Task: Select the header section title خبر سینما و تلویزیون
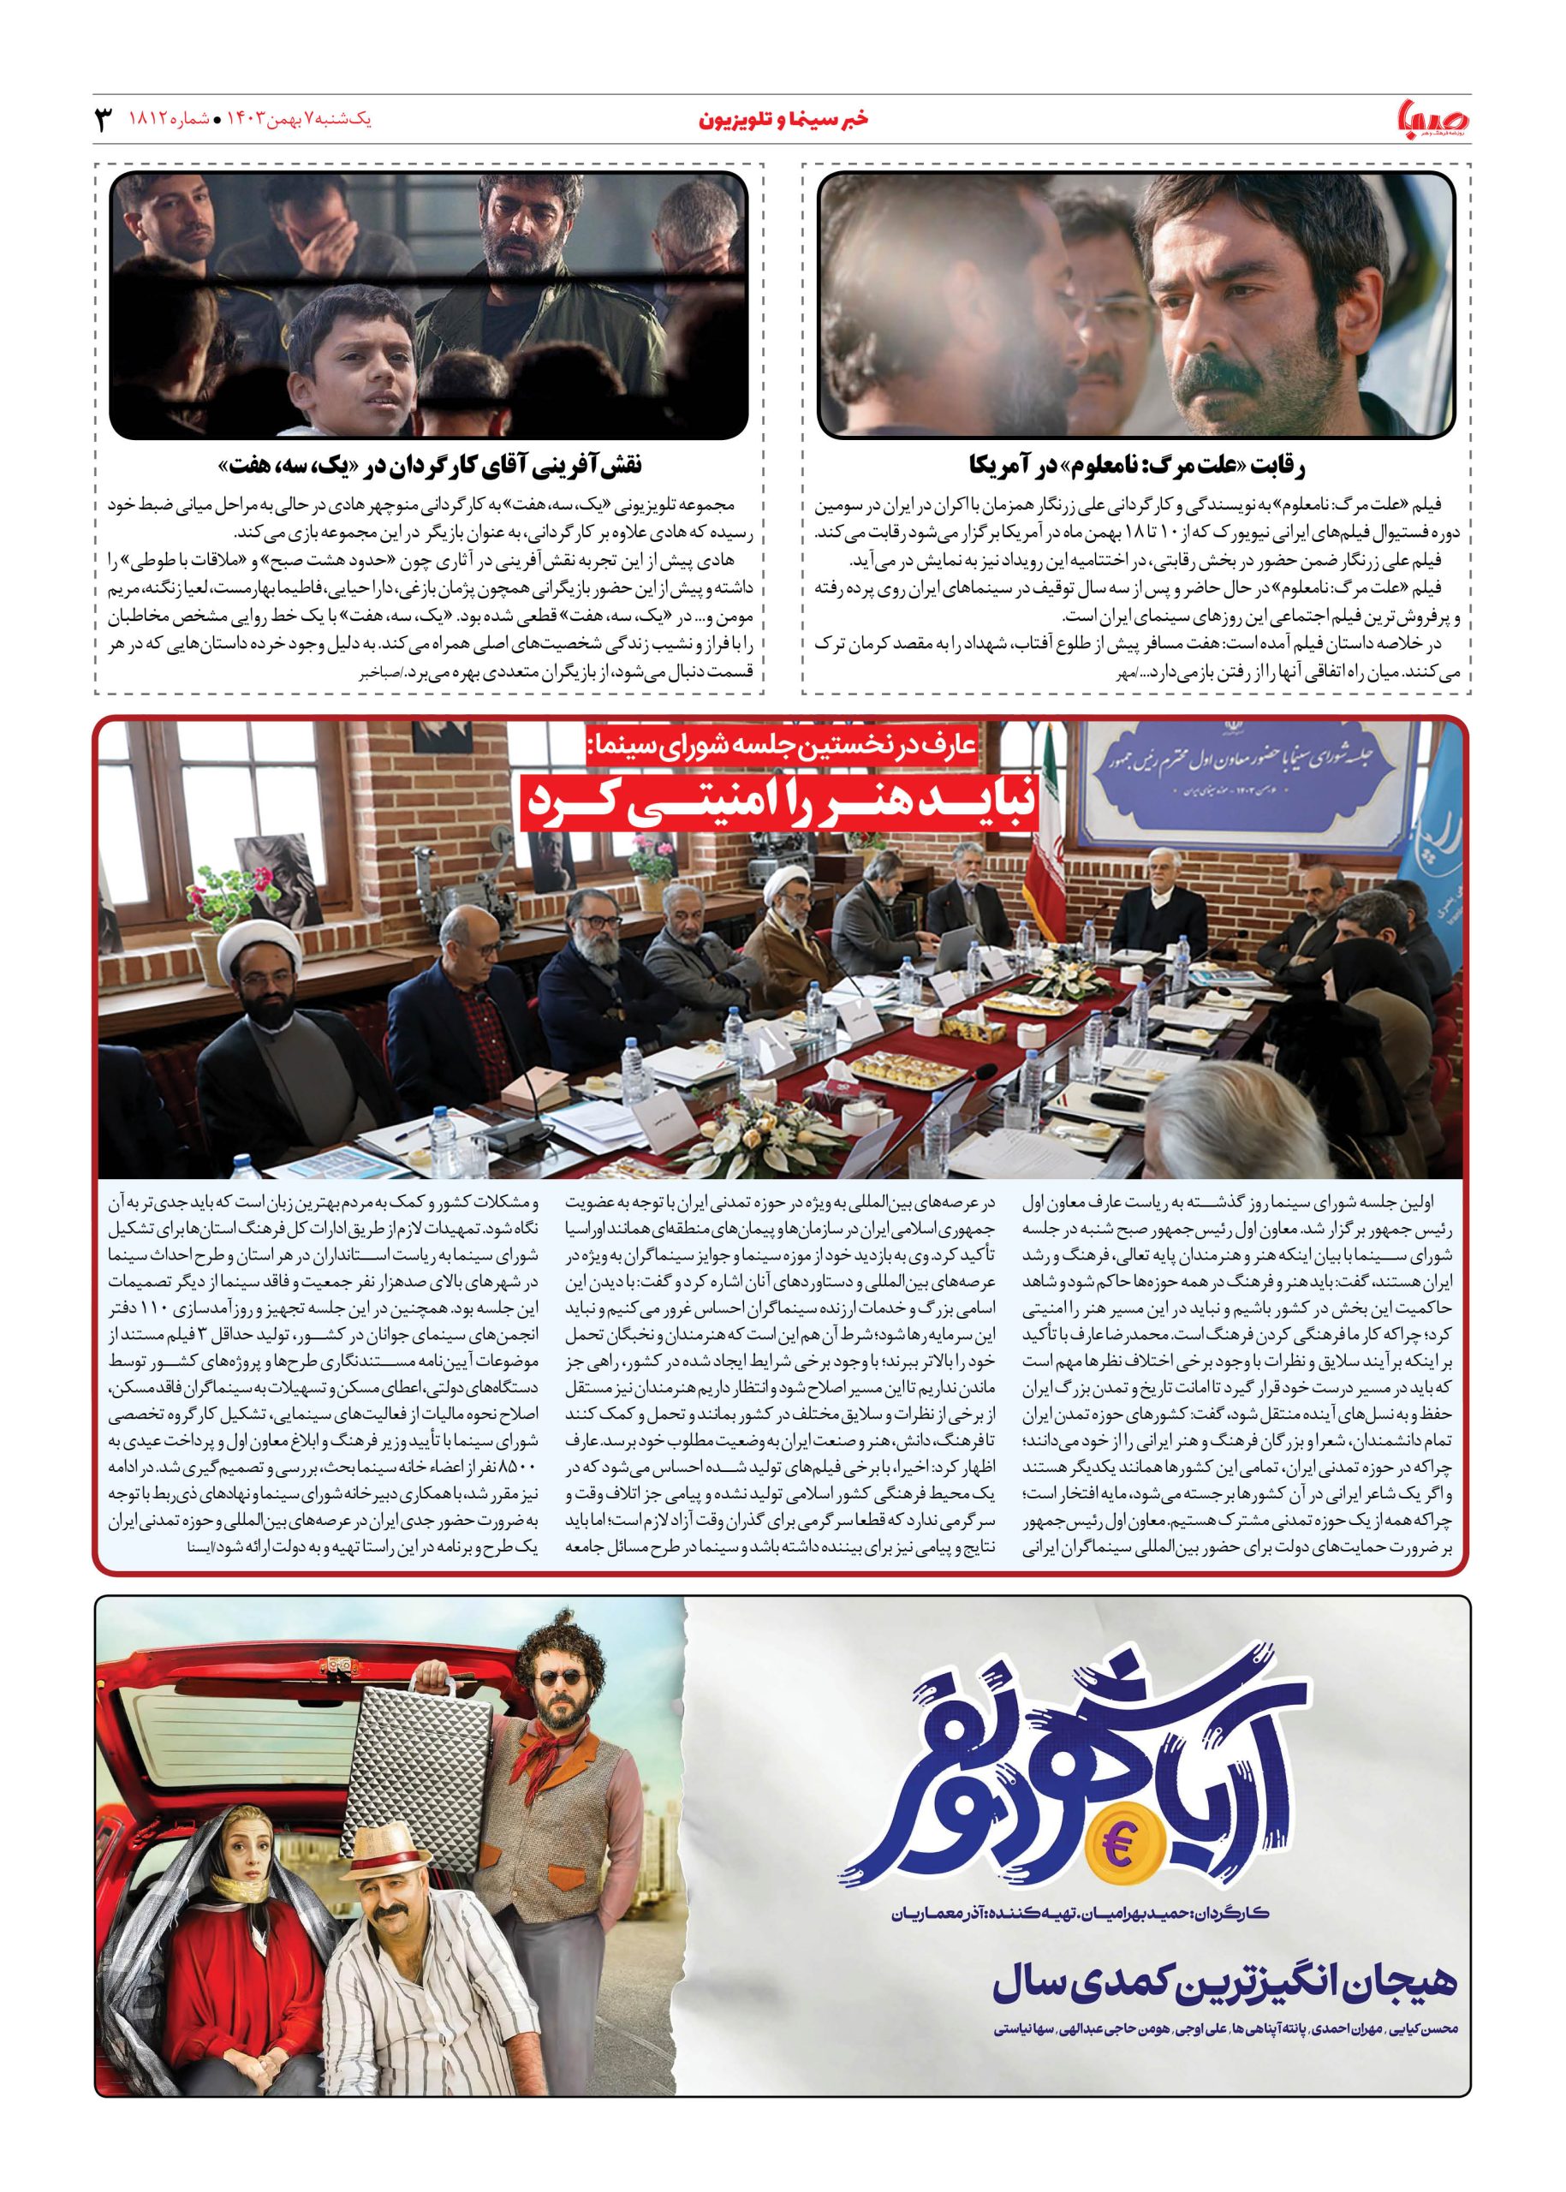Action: [782, 120]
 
